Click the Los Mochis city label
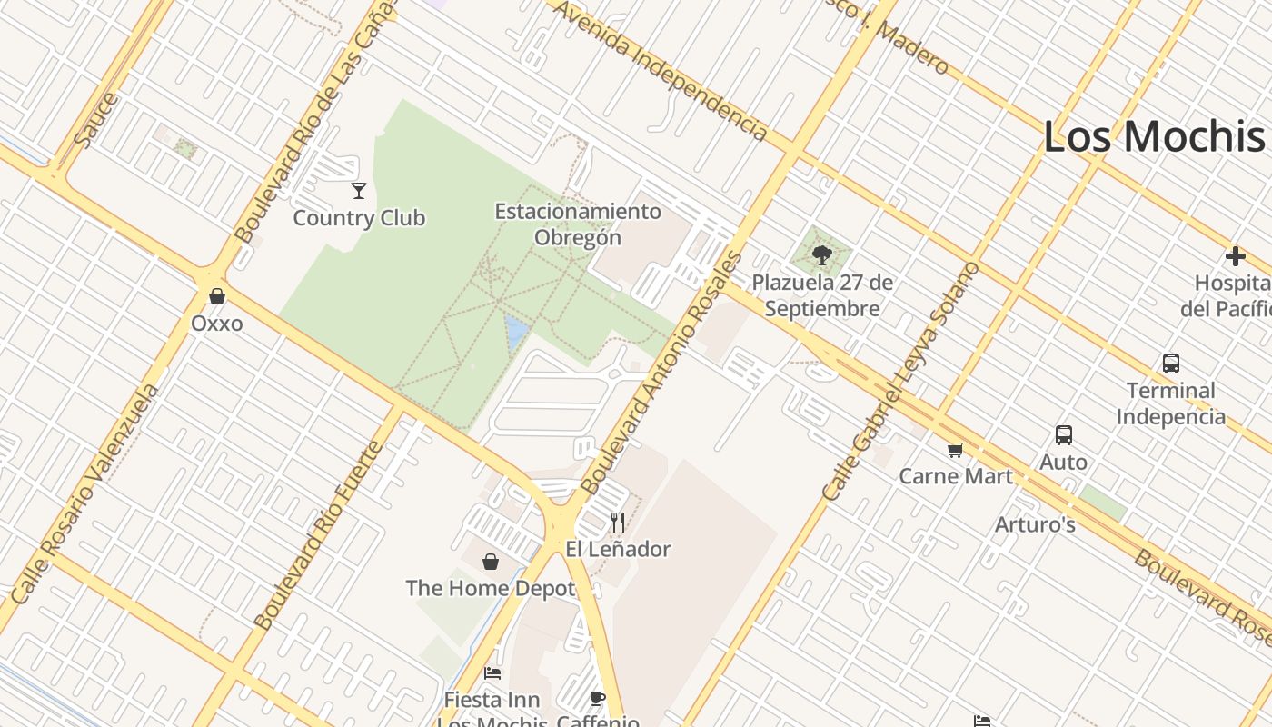pos(1154,136)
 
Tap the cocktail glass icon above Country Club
pos(359,191)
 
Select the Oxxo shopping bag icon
pos(217,296)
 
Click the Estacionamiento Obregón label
pos(578,224)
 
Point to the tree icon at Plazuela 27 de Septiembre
pos(822,255)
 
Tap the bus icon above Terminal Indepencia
pos(1171,363)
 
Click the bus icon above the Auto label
pos(1064,435)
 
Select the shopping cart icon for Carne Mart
pos(955,450)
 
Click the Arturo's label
pos(1035,524)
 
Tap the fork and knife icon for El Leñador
pos(618,522)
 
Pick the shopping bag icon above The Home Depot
pos(491,562)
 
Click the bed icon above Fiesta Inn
pos(492,673)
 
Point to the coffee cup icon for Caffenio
pos(597,698)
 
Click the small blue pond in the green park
pos(516,333)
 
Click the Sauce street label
pos(96,120)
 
